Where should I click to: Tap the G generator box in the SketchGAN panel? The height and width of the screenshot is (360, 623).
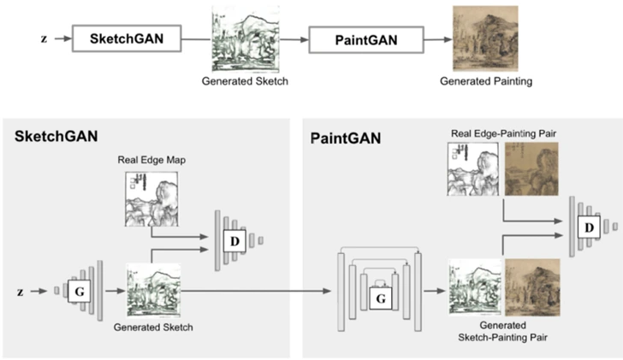pyautogui.click(x=79, y=291)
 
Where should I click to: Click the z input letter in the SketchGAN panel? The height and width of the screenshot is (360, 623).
pyautogui.click(x=20, y=292)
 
